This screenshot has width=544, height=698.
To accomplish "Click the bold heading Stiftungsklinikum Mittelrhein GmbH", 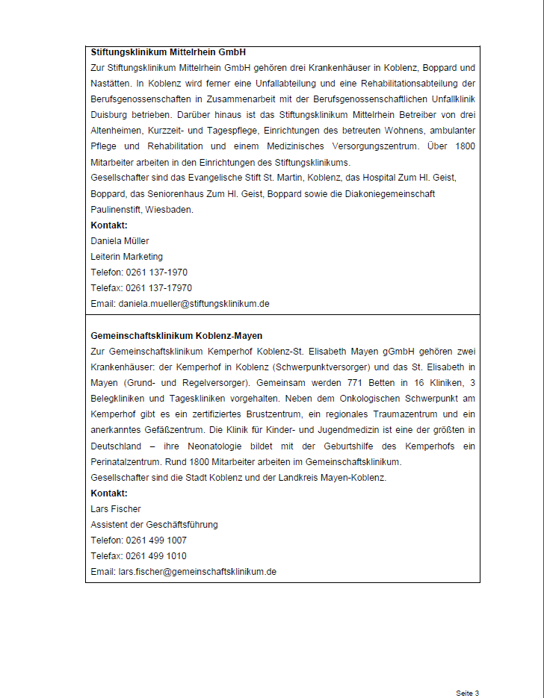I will point(168,53).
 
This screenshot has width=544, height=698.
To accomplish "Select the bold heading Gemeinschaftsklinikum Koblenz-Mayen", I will point(176,336).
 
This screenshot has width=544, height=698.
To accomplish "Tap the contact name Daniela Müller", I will point(120,241).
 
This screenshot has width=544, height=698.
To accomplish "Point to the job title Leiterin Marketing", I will point(126,257).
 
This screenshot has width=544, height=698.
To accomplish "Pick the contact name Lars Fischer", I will point(115,509).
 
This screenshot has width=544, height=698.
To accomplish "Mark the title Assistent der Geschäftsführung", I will point(154,525).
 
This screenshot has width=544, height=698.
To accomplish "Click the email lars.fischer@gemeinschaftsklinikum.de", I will point(197,572).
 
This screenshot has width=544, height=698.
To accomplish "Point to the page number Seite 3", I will point(467,694).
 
